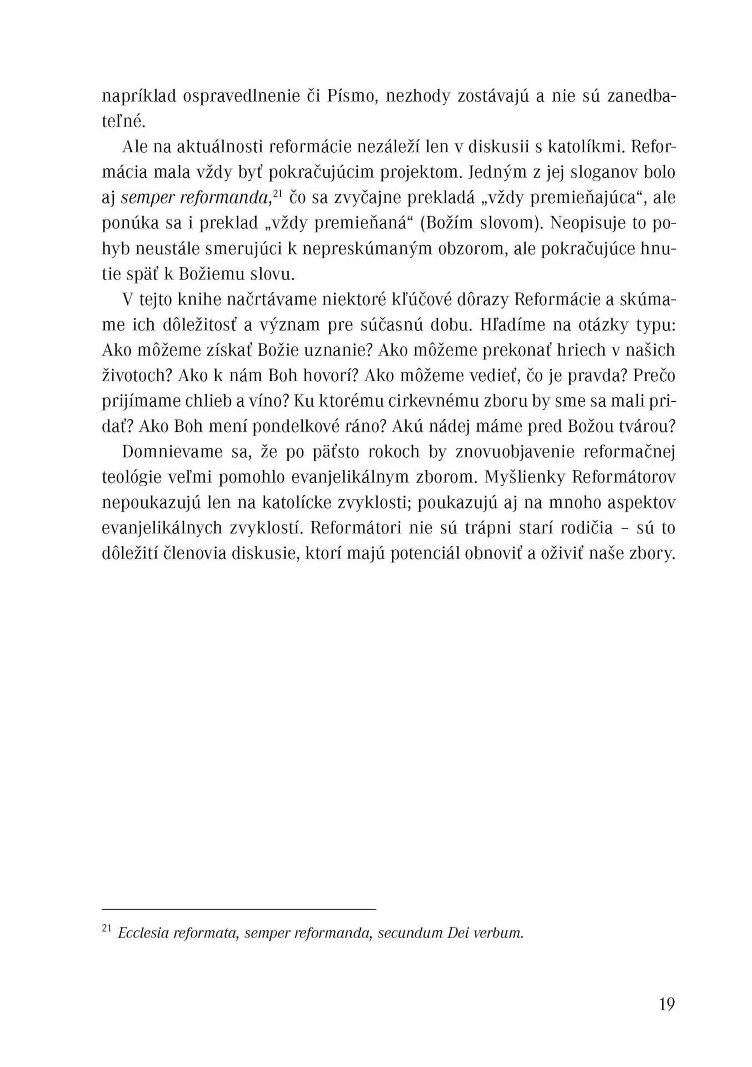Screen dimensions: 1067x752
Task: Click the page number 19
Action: click(666, 1005)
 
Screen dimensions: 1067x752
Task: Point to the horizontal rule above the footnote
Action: click(239, 909)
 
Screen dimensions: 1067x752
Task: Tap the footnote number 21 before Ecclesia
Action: click(107, 929)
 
